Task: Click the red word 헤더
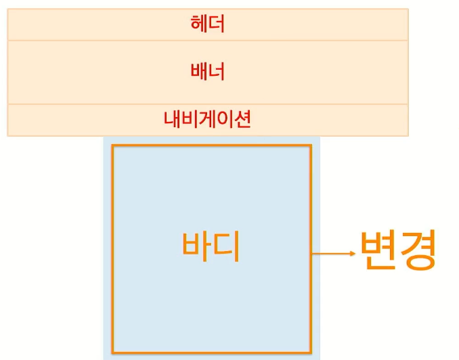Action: pyautogui.click(x=208, y=24)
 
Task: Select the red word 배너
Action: pyautogui.click(x=208, y=71)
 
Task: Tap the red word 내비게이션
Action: pyautogui.click(x=208, y=120)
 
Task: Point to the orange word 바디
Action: pyautogui.click(x=211, y=248)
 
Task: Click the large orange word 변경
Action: pyautogui.click(x=397, y=250)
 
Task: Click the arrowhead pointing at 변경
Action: pyautogui.click(x=351, y=254)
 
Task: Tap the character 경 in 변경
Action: pyautogui.click(x=417, y=250)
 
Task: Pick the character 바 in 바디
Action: pyautogui.click(x=196, y=248)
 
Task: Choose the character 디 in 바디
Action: pyautogui.click(x=227, y=248)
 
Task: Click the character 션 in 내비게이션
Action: pyautogui.click(x=243, y=120)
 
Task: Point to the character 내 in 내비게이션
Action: pyautogui.click(x=173, y=120)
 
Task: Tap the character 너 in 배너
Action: pyautogui.click(x=217, y=71)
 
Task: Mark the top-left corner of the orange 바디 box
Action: pyautogui.click(x=113, y=145)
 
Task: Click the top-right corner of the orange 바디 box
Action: pyautogui.click(x=311, y=145)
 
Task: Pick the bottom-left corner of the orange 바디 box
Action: pyautogui.click(x=113, y=353)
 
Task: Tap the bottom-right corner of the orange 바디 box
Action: pyautogui.click(x=311, y=353)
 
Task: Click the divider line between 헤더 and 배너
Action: pyautogui.click(x=208, y=40)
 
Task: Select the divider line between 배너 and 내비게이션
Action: pyautogui.click(x=208, y=104)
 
